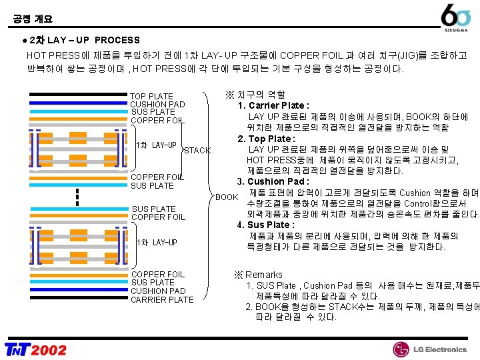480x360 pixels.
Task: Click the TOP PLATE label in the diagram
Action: pyautogui.click(x=151, y=97)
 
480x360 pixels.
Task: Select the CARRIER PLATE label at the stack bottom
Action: pyautogui.click(x=162, y=299)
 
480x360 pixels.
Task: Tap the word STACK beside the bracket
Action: pyautogui.click(x=197, y=150)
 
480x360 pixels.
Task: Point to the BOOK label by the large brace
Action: pyautogui.click(x=227, y=197)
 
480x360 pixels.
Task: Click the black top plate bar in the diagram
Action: pyautogui.click(x=77, y=95)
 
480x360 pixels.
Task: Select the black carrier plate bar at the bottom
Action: pyautogui.click(x=77, y=301)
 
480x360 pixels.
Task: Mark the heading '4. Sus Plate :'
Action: pyautogui.click(x=266, y=225)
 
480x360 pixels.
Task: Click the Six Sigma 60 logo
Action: pyautogui.click(x=458, y=17)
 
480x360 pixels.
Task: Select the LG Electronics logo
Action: pyautogui.click(x=429, y=349)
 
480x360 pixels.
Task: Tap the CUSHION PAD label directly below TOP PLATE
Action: pyautogui.click(x=157, y=105)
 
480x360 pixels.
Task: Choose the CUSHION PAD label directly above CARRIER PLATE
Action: pyautogui.click(x=158, y=291)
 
